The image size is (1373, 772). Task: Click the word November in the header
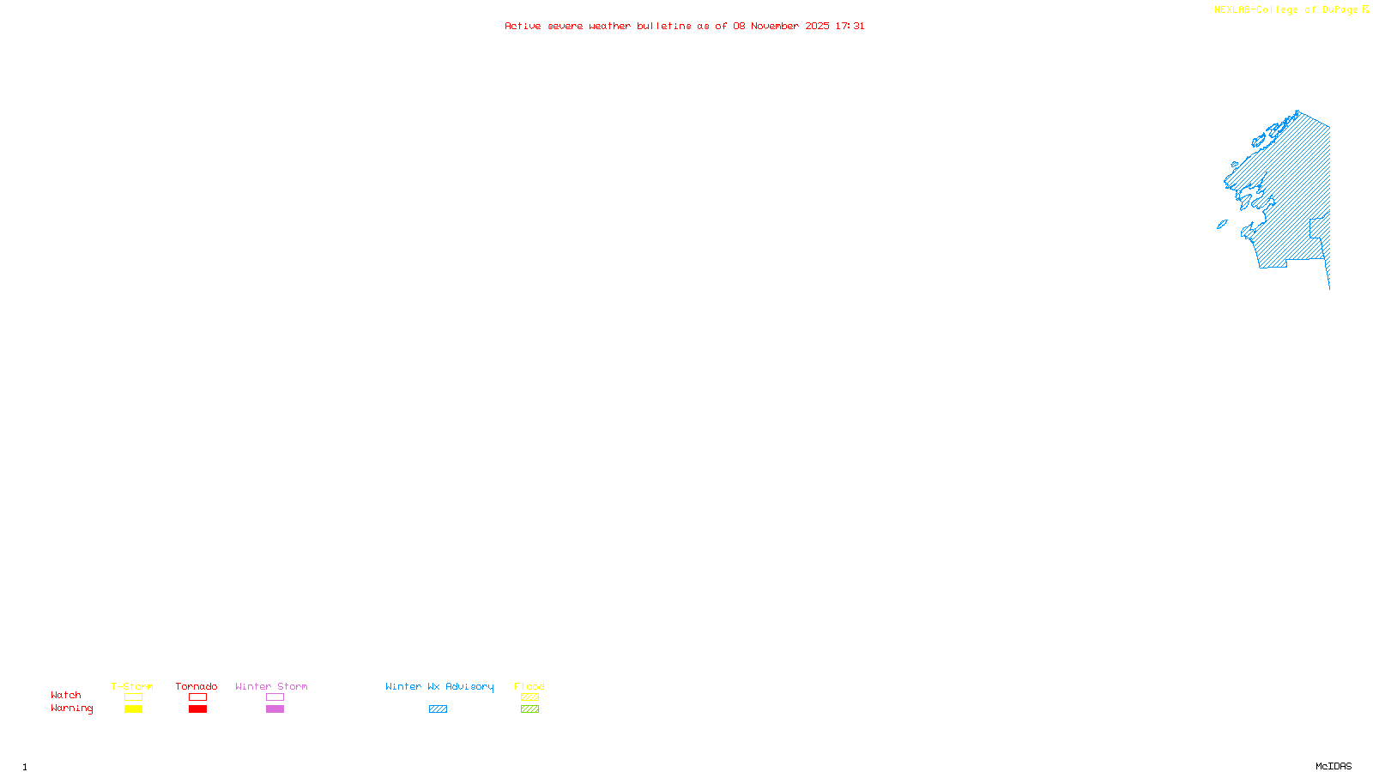(775, 26)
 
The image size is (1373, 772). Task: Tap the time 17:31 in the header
(850, 26)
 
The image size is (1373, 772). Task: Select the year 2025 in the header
(817, 26)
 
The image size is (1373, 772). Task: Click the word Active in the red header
(523, 26)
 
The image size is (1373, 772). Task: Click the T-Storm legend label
(132, 686)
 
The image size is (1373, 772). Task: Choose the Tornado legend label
(197, 686)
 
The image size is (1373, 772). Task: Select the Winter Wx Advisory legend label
(439, 686)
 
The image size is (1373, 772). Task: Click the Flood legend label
(529, 686)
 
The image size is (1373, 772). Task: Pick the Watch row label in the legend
(66, 695)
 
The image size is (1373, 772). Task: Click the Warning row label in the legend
(71, 709)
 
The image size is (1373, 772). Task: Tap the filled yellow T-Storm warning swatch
(133, 709)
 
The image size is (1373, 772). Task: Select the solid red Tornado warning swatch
(198, 709)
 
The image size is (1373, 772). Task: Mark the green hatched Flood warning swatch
(530, 709)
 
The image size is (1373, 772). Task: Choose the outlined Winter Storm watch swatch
(275, 697)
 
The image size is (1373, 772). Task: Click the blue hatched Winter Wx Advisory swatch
(438, 709)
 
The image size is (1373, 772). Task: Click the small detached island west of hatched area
(1222, 225)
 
